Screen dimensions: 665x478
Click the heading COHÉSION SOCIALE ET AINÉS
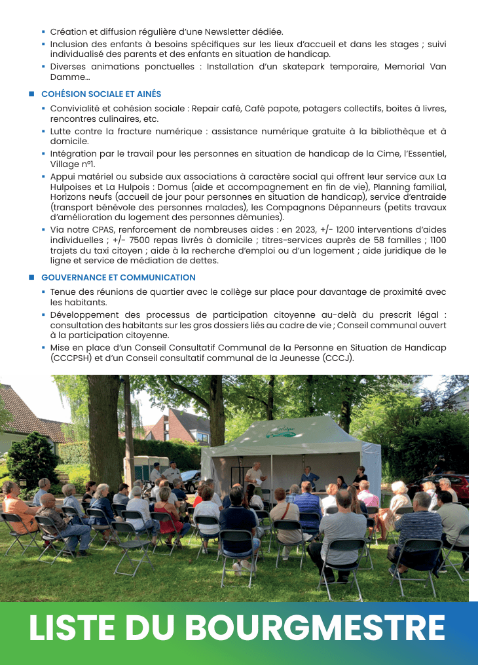[101, 94]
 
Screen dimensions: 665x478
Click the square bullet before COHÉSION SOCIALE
[31, 94]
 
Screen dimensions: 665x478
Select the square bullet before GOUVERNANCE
[31, 278]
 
